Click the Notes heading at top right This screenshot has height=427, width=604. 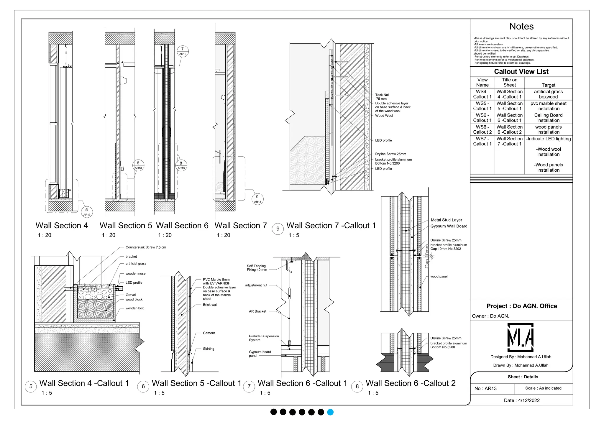click(521, 27)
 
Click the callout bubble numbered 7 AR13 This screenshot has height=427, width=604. click(183, 51)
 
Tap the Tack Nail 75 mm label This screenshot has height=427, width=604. click(382, 97)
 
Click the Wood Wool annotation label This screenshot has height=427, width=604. click(384, 116)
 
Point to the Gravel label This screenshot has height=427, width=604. click(131, 295)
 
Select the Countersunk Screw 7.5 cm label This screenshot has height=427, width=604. click(146, 247)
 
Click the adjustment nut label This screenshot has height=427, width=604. click(256, 285)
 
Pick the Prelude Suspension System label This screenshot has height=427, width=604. click(264, 338)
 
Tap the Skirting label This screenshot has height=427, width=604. click(209, 349)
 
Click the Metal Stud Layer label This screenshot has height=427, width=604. click(446, 220)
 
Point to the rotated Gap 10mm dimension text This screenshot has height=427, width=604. click(427, 256)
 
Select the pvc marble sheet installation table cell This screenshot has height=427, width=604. click(548, 106)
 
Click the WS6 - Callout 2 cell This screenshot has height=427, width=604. click(482, 129)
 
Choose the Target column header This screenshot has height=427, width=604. click(548, 85)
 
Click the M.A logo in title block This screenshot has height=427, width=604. click(521, 337)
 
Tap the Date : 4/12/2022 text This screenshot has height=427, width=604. click(522, 400)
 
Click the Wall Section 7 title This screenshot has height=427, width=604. click(241, 226)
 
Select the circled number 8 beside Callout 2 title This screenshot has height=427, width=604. click(357, 386)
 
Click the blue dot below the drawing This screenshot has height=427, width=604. click(330, 412)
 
